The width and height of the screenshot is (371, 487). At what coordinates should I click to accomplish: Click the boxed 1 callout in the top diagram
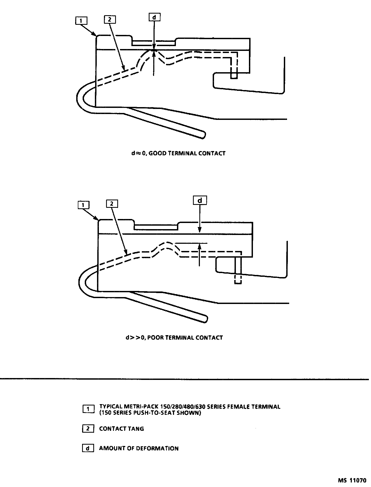point(82,21)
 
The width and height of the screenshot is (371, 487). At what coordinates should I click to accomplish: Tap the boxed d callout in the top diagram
point(154,17)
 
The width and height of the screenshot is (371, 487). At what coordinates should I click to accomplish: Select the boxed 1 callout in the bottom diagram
point(84,205)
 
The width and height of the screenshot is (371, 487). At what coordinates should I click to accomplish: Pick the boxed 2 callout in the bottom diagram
point(112,204)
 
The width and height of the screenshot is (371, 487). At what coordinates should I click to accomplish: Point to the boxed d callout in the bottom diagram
point(200,200)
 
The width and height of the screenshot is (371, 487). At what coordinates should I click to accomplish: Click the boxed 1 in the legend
point(88,409)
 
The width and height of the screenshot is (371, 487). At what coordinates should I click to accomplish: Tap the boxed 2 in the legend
point(88,429)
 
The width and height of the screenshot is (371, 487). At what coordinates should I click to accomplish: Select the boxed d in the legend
point(88,448)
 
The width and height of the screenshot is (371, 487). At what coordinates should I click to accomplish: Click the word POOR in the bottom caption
point(156,338)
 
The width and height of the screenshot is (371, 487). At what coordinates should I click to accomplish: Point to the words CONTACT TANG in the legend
point(122,429)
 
